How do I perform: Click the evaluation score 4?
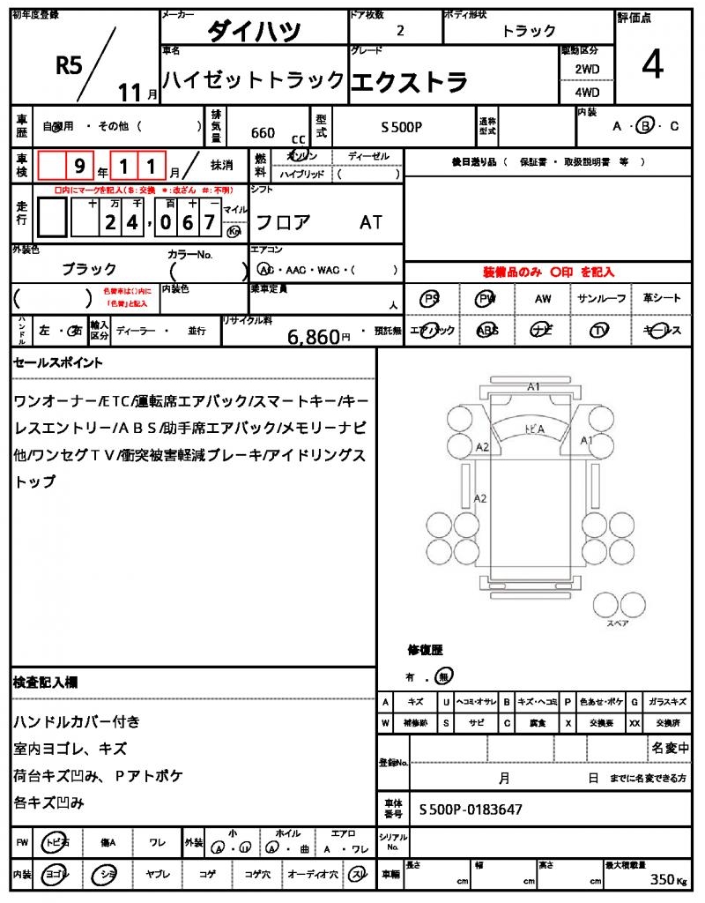(652, 67)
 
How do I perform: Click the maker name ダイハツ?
(254, 31)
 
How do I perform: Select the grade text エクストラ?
(409, 81)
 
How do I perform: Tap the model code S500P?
(402, 128)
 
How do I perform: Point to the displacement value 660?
(263, 133)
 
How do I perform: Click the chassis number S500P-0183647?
(471, 809)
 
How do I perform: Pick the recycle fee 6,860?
(313, 336)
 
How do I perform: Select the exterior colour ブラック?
(88, 269)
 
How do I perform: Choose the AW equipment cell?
(543, 299)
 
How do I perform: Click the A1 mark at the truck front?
(533, 385)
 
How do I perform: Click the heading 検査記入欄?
(46, 683)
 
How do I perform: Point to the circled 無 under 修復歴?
(443, 676)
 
